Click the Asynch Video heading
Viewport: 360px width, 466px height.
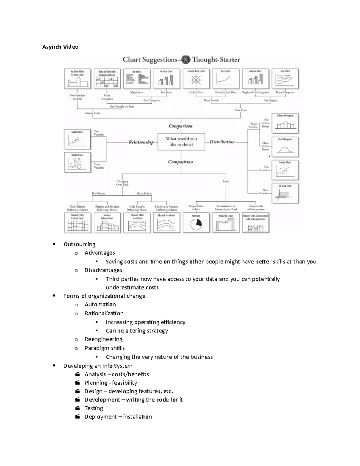[x=60, y=47]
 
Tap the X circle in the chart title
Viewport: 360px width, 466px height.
[x=186, y=60]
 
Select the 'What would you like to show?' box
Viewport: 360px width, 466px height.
[x=181, y=142]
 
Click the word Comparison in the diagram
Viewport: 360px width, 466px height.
[x=181, y=126]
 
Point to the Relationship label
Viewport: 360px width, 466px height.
[x=141, y=142]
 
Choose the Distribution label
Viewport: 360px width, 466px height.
[x=222, y=142]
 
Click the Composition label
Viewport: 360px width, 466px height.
[x=180, y=162]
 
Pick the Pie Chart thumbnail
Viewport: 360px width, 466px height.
[x=196, y=223]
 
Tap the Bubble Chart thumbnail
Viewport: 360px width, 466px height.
[x=77, y=162]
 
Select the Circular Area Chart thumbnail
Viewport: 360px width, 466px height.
[x=196, y=79]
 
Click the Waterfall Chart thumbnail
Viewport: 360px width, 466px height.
[x=226, y=223]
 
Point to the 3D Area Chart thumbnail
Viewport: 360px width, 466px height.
[x=285, y=194]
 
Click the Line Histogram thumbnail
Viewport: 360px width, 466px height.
[x=285, y=146]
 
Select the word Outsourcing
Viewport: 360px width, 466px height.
[x=79, y=244]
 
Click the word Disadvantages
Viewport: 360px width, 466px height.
[x=103, y=270]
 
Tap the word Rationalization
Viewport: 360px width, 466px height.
[x=104, y=313]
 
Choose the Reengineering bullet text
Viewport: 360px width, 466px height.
[x=103, y=339]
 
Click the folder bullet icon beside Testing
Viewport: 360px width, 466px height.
[x=77, y=408]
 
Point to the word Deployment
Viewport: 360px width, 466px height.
[x=100, y=416]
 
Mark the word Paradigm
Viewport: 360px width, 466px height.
[x=94, y=348]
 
